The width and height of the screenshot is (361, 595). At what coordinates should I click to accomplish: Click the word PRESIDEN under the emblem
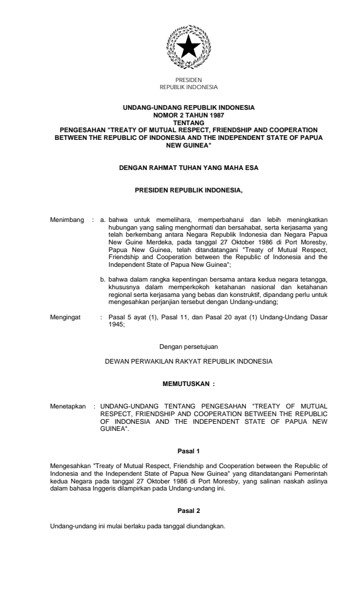(189, 79)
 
